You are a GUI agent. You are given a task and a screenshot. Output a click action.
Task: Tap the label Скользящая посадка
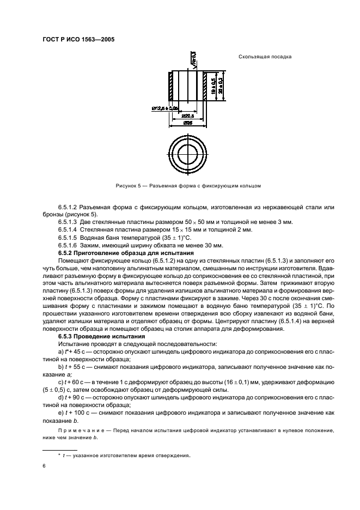[x=265, y=57]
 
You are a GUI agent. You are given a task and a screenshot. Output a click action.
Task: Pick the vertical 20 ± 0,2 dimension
[x=221, y=86]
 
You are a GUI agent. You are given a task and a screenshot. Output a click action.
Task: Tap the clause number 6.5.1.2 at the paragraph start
[x=68, y=208]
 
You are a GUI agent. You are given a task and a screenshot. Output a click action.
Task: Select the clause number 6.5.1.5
[x=68, y=238]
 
